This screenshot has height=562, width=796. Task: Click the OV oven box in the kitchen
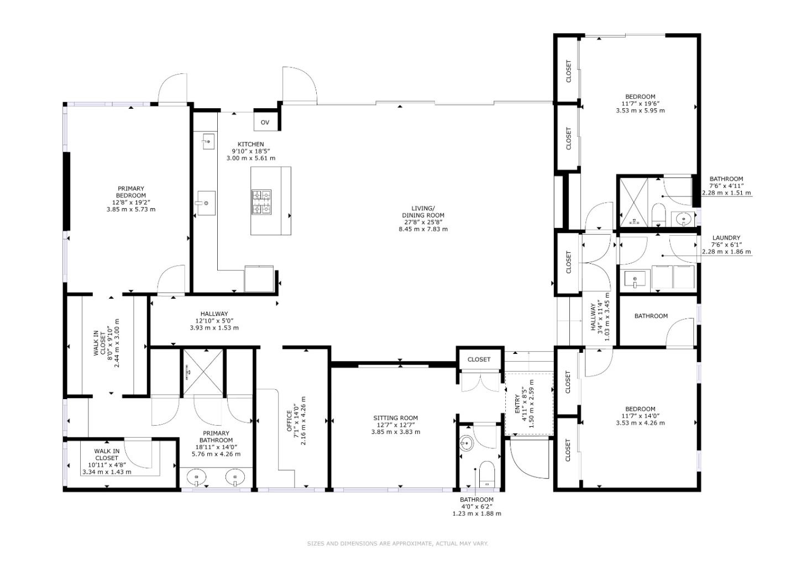(x=265, y=121)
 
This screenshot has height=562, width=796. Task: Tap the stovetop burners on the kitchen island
(x=261, y=202)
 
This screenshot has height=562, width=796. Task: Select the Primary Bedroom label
(x=131, y=199)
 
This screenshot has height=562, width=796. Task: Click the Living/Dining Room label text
(x=423, y=219)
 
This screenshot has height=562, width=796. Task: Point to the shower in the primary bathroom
(x=203, y=372)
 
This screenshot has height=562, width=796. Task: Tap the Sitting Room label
(x=396, y=425)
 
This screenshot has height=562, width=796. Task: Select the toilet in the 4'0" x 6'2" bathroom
(x=486, y=474)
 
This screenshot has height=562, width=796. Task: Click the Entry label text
(x=524, y=404)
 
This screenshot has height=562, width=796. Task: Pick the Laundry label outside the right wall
(x=726, y=245)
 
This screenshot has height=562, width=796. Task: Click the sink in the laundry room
(x=635, y=279)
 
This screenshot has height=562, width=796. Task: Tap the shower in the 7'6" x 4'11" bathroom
(x=633, y=202)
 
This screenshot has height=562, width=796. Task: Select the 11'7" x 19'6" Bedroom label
(x=640, y=104)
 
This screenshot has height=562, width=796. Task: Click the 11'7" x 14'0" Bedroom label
(x=640, y=416)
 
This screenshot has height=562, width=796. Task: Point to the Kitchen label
(x=251, y=151)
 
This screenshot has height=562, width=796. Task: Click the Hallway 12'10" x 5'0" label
(x=214, y=321)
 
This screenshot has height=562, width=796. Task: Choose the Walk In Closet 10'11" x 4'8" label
(x=107, y=462)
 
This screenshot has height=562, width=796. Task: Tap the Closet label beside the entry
(x=479, y=359)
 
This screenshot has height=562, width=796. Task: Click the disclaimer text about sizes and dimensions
(x=397, y=543)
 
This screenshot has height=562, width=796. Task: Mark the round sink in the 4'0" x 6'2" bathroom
(x=466, y=443)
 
